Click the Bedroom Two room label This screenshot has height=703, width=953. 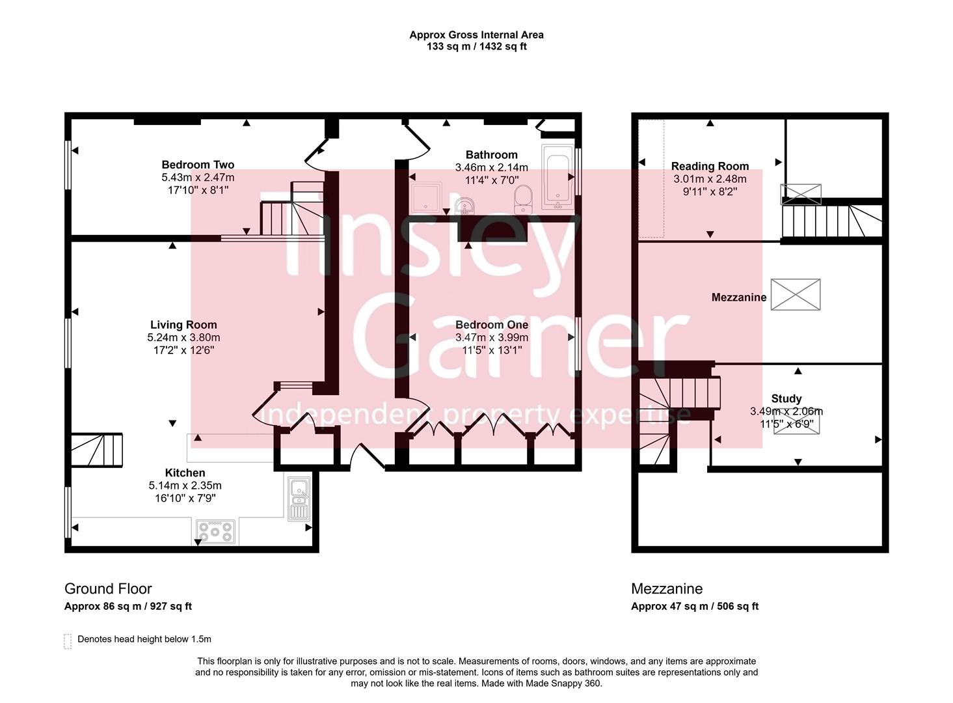pyautogui.click(x=198, y=165)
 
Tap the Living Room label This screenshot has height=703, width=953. pyautogui.click(x=183, y=325)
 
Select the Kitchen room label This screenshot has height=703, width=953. pyautogui.click(x=185, y=473)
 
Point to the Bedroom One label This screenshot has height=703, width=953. pyautogui.click(x=491, y=325)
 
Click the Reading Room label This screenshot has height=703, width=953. pyautogui.click(x=710, y=166)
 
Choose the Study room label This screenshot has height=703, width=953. pyautogui.click(x=786, y=398)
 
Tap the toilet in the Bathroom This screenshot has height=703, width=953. pyautogui.click(x=523, y=199)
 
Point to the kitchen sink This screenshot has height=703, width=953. pyautogui.click(x=299, y=498)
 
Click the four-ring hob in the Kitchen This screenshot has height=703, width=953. pyautogui.click(x=216, y=532)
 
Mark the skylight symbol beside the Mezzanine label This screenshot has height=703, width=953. pyautogui.click(x=795, y=295)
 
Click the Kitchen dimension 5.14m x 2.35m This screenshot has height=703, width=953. pyautogui.click(x=185, y=486)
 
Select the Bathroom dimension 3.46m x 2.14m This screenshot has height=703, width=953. pyautogui.click(x=491, y=167)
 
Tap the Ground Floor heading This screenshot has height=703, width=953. pyautogui.click(x=108, y=588)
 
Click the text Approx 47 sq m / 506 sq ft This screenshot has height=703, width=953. pyautogui.click(x=695, y=606)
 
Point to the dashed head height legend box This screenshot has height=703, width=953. pyautogui.click(x=68, y=641)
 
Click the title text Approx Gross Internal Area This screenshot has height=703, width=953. pyautogui.click(x=476, y=35)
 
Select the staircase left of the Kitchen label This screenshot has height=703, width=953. pyautogui.click(x=96, y=450)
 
